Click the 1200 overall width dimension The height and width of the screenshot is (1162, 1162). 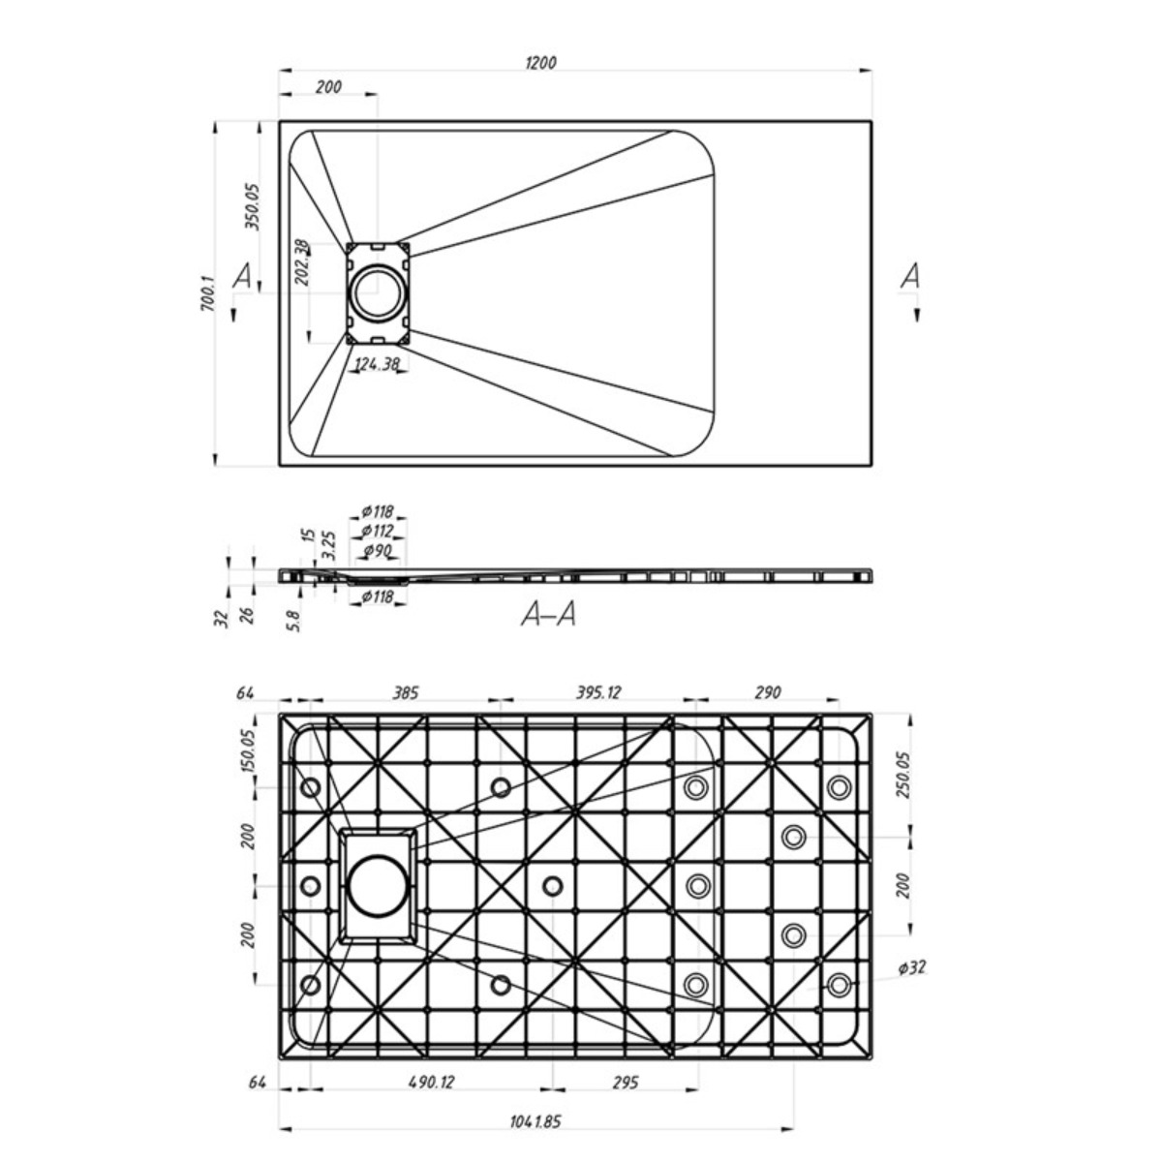pos(541,63)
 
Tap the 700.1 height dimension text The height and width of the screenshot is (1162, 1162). pos(207,294)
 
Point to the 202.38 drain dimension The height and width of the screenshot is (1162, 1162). pos(302,262)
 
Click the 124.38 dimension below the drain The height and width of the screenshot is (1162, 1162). pos(377,364)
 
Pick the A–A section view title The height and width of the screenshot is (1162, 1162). pos(548,615)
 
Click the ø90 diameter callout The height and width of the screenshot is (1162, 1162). pos(378,551)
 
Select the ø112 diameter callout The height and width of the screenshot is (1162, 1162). pos(378,532)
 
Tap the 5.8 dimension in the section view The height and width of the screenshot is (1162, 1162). pos(294,621)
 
